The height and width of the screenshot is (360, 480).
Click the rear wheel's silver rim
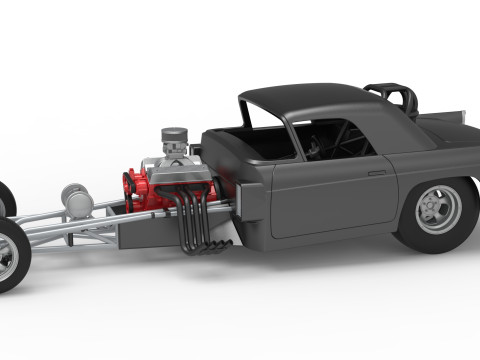439,209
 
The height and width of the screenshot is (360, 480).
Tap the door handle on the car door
377,173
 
